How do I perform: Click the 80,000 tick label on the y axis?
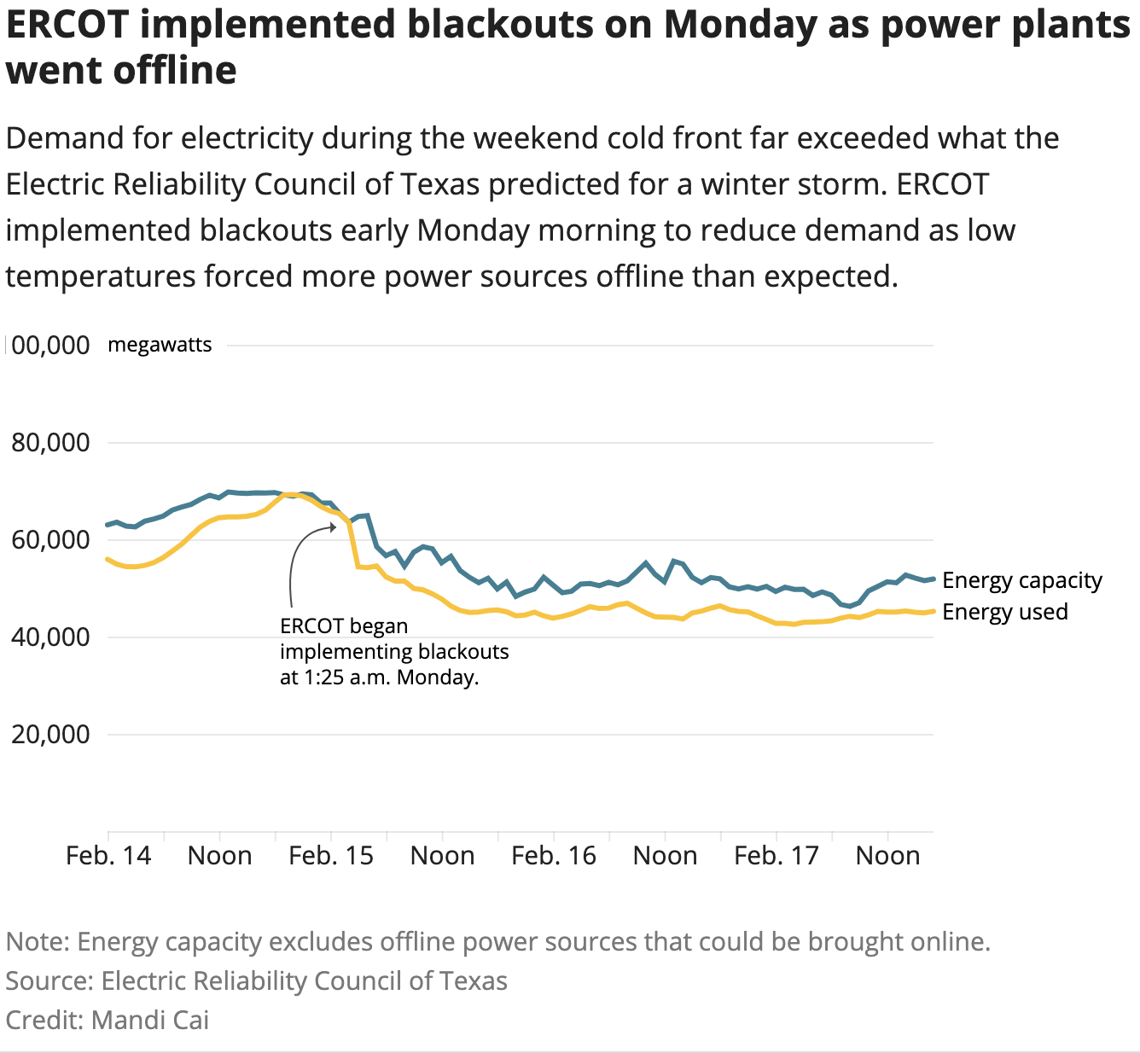50,443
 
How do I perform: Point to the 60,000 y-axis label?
50,540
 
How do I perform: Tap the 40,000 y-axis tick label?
50,637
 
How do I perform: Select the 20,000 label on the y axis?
50,735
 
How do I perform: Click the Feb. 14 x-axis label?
108,856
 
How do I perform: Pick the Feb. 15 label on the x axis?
331,856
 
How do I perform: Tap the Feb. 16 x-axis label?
554,856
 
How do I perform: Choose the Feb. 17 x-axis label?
776,856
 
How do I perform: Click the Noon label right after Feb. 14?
220,856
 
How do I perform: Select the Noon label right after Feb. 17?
887,856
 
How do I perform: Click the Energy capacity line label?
1022,581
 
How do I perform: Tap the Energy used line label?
1005,612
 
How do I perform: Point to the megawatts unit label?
160,346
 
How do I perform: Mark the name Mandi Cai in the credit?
150,1020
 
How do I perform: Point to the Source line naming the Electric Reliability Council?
257,981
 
